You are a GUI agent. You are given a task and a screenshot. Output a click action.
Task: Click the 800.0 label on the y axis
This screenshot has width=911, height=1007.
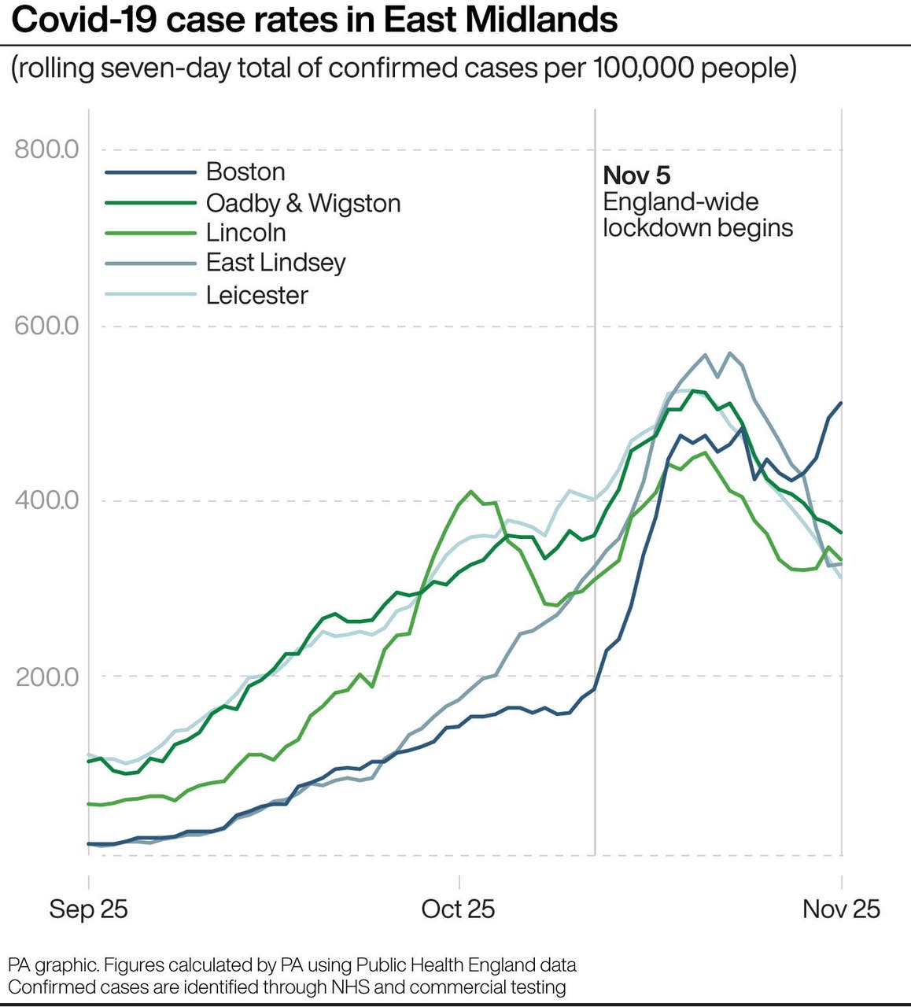46,149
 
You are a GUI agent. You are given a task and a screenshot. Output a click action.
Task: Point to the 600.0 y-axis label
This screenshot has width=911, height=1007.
46,325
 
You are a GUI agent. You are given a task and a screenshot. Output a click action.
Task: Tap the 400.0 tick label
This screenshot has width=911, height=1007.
46,500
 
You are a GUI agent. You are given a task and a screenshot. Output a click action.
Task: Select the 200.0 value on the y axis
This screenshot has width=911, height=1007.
47,677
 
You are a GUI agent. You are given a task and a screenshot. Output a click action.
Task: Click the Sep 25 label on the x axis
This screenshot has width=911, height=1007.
88,909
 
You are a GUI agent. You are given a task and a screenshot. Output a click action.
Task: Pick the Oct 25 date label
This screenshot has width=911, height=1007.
458,909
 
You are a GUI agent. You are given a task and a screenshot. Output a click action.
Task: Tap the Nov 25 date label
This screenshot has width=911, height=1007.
841,909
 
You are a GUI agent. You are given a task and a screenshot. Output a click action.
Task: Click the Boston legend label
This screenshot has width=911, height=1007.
245,172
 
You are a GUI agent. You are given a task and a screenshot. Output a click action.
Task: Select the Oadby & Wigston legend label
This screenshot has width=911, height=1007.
303,203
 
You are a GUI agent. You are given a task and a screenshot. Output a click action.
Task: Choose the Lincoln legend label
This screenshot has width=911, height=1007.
245,233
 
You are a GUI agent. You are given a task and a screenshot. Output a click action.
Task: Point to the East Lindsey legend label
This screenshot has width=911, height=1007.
275,263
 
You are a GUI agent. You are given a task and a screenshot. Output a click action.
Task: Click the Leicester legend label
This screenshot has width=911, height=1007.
256,295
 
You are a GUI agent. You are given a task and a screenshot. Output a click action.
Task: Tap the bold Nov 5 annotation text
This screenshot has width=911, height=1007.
636,175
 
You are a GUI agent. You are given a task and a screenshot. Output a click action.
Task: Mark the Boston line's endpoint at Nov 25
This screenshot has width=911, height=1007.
841,403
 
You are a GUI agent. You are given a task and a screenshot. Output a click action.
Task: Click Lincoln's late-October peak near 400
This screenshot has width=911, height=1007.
471,492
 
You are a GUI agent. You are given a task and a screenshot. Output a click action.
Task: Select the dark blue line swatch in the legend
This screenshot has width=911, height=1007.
150,172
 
